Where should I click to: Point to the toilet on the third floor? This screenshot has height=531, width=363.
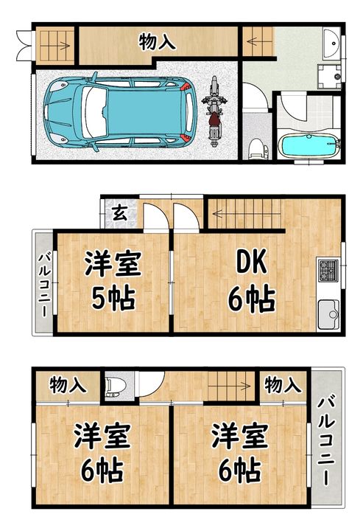(115, 386)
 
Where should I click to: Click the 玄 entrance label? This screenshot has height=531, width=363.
(119, 215)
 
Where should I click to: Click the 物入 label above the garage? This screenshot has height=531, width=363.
(158, 42)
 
